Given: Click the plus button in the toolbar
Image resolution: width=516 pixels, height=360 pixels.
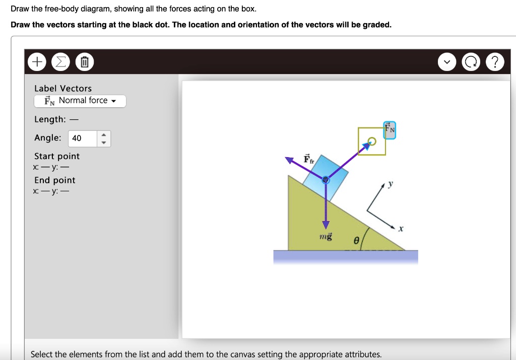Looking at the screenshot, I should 36,62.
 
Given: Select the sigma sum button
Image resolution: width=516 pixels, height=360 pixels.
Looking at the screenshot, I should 60,62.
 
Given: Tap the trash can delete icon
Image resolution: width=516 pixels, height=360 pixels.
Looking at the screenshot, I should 84,62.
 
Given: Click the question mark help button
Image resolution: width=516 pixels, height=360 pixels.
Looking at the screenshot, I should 496,62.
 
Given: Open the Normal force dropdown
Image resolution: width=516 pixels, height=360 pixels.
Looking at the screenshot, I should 80,101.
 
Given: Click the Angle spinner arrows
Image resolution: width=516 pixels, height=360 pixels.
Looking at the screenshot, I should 103,138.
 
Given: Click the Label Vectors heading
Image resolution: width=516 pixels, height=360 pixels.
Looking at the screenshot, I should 63,89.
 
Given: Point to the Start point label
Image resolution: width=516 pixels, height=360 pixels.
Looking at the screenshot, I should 57,156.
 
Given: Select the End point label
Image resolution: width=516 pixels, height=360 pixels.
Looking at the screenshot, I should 55,180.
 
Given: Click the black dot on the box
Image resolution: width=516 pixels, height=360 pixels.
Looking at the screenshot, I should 326,180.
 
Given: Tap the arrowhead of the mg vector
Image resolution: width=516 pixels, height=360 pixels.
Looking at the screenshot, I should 326,225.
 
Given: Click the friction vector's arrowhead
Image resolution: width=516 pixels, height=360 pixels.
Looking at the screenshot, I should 289,160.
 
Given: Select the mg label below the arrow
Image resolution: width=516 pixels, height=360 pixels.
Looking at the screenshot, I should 326,236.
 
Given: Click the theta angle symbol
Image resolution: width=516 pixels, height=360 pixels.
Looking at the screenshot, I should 356,241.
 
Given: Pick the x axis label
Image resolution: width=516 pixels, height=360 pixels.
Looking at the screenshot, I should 401,229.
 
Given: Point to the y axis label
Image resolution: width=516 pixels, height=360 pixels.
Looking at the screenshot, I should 389,185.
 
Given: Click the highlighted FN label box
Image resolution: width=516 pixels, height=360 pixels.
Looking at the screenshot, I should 390,129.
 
